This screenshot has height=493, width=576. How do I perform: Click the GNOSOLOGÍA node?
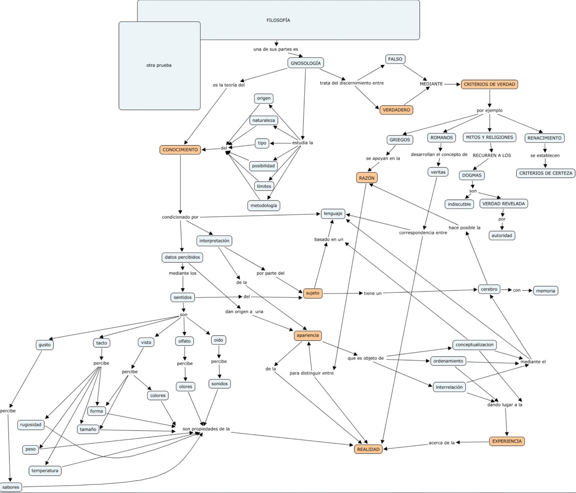(x=306, y=63)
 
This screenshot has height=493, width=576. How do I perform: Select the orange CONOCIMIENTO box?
(x=180, y=150)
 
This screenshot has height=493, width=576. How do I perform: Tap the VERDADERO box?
(x=396, y=110)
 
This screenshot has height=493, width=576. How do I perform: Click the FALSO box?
(x=395, y=59)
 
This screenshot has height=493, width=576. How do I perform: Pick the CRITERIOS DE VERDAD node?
(x=489, y=84)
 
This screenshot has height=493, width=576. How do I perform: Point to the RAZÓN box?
(x=366, y=178)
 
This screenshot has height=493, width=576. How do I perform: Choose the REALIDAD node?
(x=368, y=449)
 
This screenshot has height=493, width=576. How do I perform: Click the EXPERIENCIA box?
(x=507, y=441)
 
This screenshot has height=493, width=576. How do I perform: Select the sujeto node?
(x=312, y=293)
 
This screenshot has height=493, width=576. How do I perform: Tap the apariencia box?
(x=307, y=335)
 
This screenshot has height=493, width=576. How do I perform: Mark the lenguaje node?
(x=333, y=213)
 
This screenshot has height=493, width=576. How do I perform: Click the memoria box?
(x=545, y=291)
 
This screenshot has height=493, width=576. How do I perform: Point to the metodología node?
(x=264, y=205)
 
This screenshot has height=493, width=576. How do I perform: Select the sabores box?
(x=11, y=487)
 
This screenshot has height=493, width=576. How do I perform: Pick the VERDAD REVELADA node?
(x=503, y=204)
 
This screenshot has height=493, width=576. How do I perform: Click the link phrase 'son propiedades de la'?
(x=206, y=429)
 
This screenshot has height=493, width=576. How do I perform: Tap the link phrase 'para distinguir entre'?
(x=311, y=373)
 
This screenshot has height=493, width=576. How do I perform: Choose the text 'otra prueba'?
(x=159, y=65)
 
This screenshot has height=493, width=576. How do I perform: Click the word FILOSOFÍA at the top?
(x=278, y=20)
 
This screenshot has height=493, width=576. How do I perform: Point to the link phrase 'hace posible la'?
(x=464, y=227)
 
